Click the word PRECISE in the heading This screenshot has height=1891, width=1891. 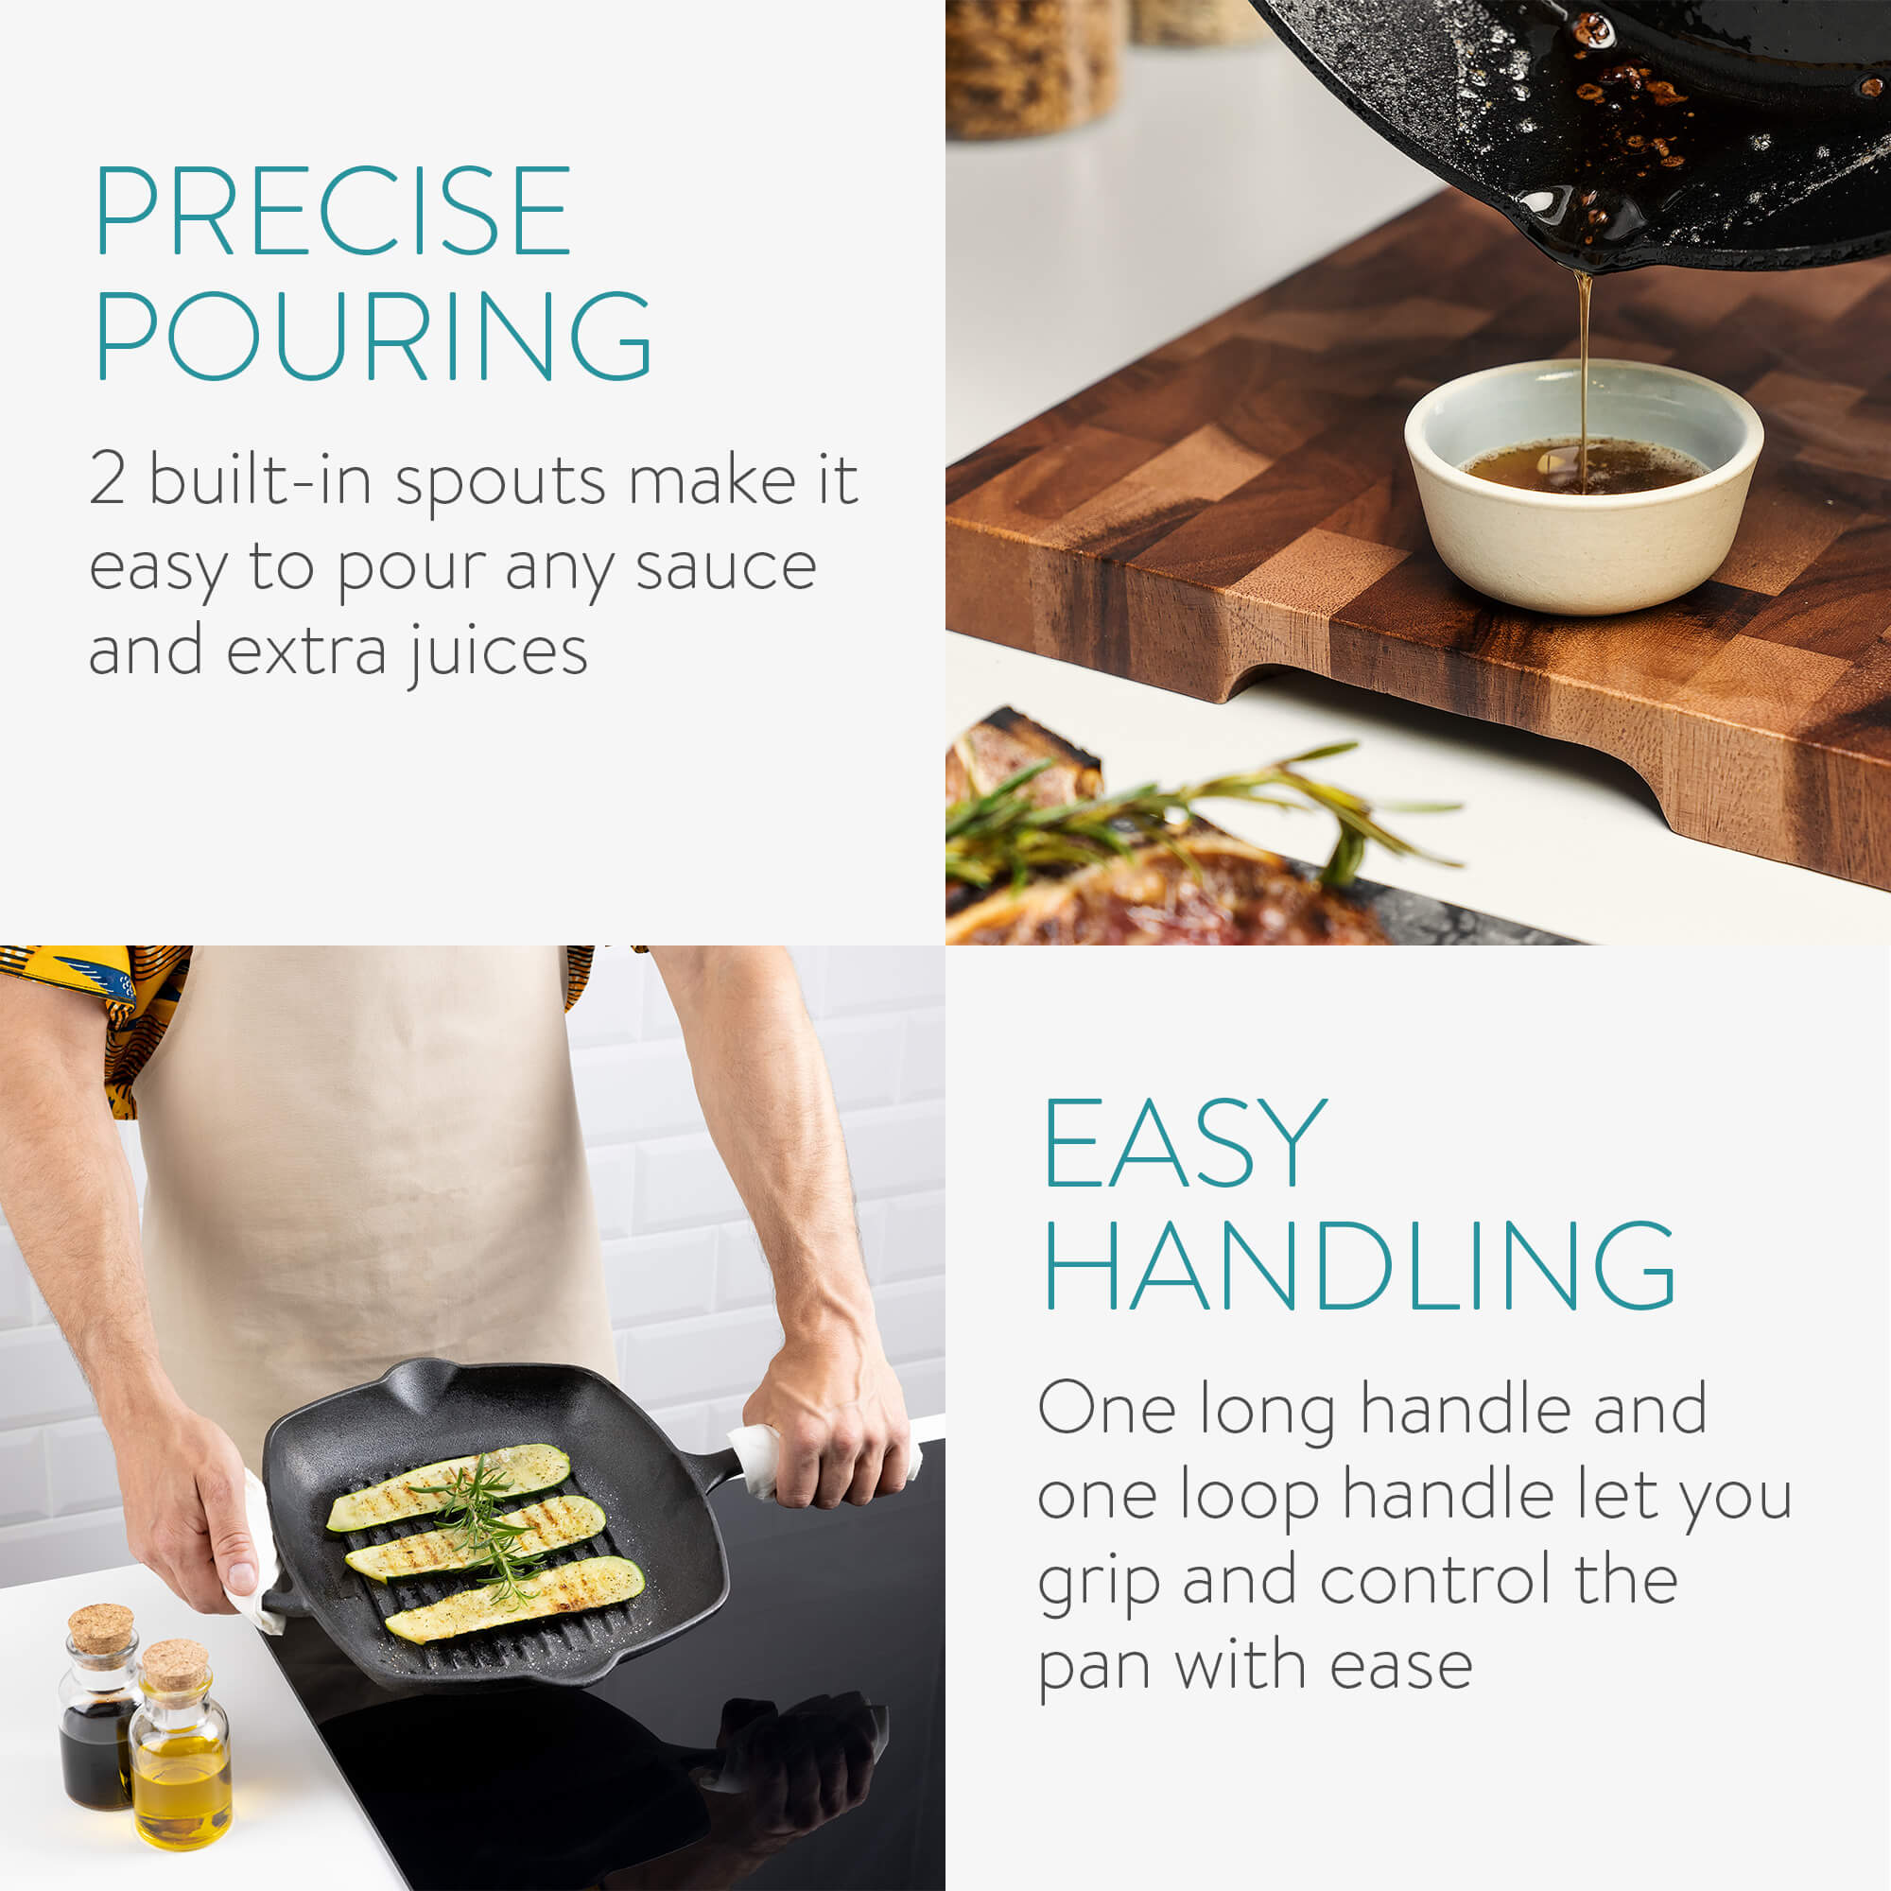333,210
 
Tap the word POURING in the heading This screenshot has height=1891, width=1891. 373,335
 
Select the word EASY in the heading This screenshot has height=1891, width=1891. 1186,1143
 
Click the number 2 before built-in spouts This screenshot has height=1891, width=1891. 108,478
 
